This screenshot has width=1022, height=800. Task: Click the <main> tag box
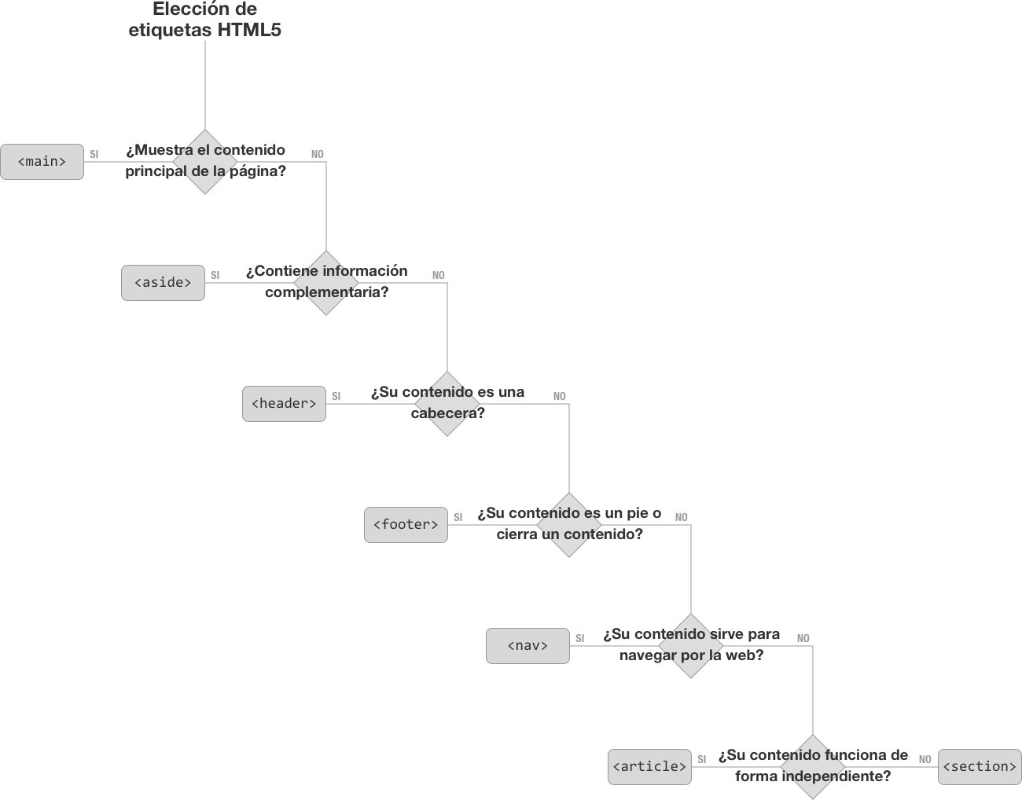point(42,162)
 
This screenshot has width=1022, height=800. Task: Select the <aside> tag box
point(163,283)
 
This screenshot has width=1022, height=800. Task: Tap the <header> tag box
point(284,404)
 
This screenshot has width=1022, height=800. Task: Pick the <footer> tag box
point(406,525)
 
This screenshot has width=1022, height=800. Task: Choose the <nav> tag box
point(528,646)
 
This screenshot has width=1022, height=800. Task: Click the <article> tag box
point(649,767)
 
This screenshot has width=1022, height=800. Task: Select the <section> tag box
point(980,767)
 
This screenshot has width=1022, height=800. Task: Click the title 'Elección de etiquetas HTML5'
point(205,20)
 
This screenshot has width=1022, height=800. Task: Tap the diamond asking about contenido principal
point(205,162)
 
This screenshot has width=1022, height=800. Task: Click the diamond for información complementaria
point(326,283)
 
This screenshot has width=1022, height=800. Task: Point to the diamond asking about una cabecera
point(447,404)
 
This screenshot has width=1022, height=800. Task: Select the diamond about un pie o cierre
point(569,525)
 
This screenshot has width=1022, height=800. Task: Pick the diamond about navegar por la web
point(691,646)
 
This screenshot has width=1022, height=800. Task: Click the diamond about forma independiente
point(813,767)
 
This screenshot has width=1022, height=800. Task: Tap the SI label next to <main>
point(94,155)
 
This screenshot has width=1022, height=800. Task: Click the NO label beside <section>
point(925,760)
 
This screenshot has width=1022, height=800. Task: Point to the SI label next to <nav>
point(580,639)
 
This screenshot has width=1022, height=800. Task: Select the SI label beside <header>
point(336,397)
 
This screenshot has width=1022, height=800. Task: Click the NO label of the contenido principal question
point(318,155)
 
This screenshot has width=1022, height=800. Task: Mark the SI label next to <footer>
point(458,518)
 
